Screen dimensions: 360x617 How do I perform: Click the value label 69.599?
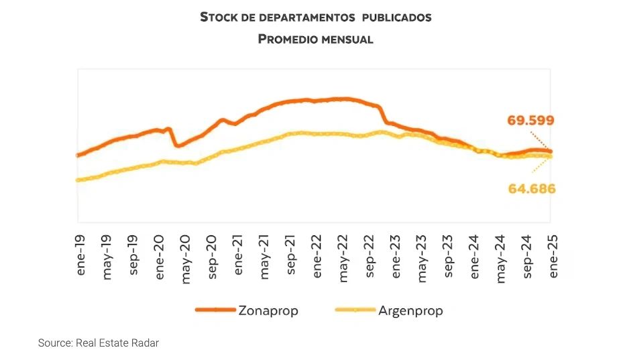pyautogui.click(x=530, y=121)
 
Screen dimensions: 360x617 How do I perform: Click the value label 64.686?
pyautogui.click(x=532, y=188)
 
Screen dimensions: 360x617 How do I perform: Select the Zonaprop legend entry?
pyautogui.click(x=268, y=310)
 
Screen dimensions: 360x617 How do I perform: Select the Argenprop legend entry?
pyautogui.click(x=410, y=310)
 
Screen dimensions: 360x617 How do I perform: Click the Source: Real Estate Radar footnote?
pyautogui.click(x=98, y=343)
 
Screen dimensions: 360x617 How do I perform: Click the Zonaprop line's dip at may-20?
pyautogui.click(x=178, y=145)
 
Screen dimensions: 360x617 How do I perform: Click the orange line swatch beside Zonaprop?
pyautogui.click(x=215, y=310)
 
